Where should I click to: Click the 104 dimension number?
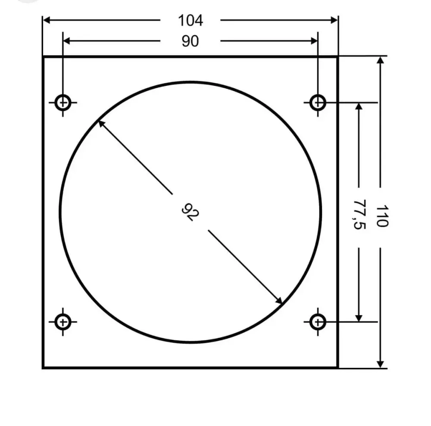(190, 21)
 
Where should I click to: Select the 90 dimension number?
(190, 41)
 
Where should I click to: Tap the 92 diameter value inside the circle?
(190, 212)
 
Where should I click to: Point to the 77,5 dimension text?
(359, 215)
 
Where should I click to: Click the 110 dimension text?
(382, 216)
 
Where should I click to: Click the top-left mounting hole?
(63, 103)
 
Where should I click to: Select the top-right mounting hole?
(318, 103)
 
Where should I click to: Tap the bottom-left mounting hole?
(63, 322)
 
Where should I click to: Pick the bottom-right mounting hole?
(318, 322)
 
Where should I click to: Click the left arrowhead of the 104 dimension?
(47, 20)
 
